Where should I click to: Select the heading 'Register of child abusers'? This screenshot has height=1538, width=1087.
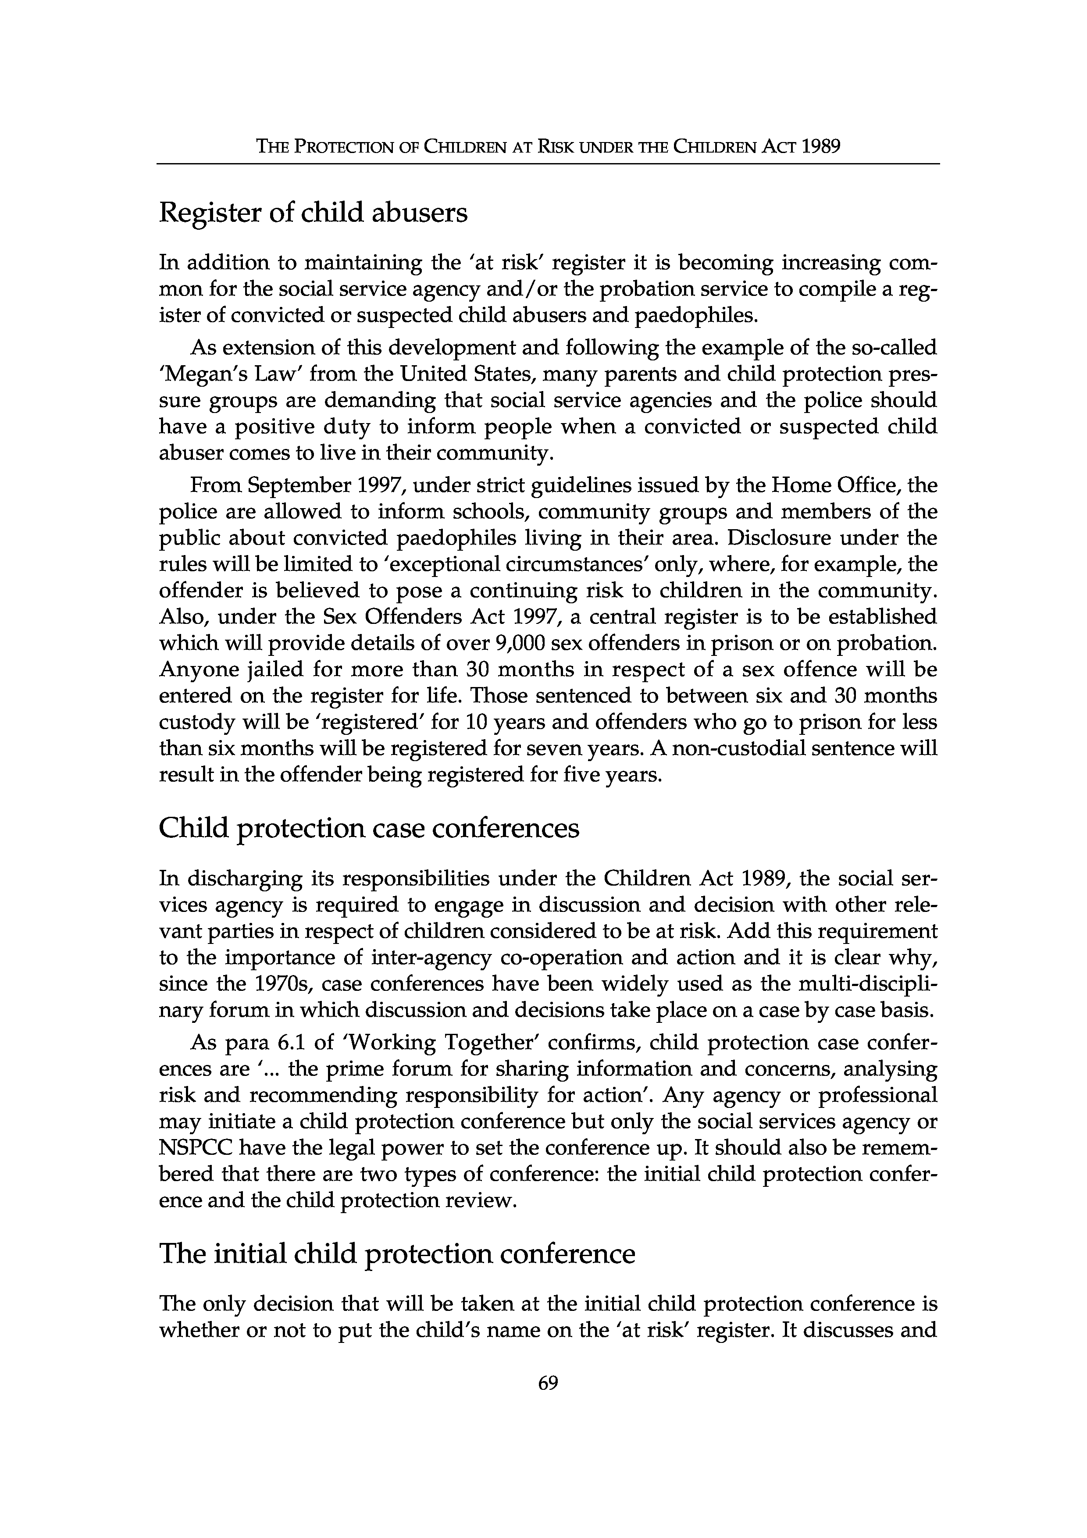313,214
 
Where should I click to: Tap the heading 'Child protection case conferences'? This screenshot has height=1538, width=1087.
369,829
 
